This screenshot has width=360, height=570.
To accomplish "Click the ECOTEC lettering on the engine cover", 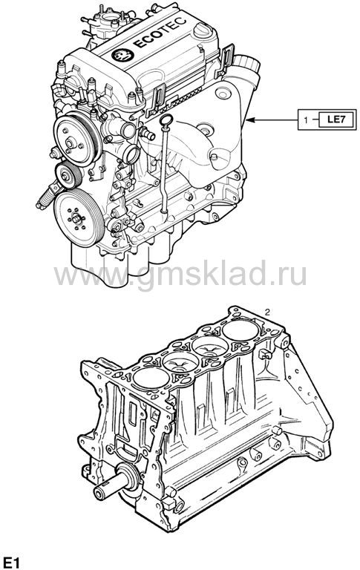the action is (x=160, y=33).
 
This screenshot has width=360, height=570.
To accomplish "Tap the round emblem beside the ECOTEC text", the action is (x=122, y=55).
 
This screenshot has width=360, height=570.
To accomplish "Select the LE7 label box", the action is (x=336, y=119).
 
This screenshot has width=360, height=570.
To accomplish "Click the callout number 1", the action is (x=306, y=119).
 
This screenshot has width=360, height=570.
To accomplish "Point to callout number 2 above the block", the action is (x=267, y=312).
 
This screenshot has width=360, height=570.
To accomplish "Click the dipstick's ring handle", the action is (x=166, y=119).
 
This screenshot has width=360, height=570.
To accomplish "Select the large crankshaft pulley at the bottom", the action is (x=78, y=218).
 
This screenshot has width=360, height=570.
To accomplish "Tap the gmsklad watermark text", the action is (x=180, y=275).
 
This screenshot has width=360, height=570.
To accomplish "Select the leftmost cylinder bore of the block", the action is (x=151, y=378).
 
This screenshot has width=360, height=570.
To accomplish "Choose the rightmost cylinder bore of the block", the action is (x=240, y=330).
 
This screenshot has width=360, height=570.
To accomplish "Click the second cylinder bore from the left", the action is (x=180, y=362).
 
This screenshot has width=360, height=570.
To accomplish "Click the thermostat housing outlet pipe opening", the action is (x=131, y=154).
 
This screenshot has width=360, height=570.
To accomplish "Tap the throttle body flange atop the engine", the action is (x=109, y=18).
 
